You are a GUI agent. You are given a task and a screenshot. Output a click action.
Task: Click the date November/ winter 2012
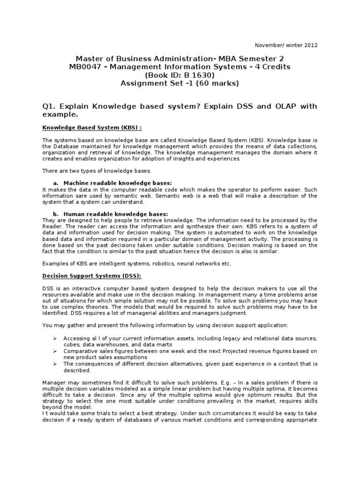pyautogui.click(x=286, y=45)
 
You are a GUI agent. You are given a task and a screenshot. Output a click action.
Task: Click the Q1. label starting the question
pyautogui.click(x=49, y=106)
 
